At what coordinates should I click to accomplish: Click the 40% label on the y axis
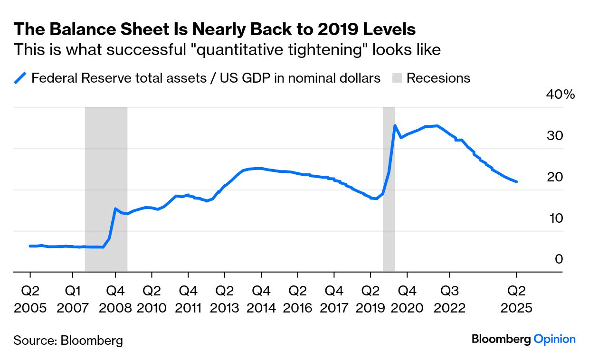pos(561,95)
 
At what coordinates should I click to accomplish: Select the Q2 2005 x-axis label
pos(30,299)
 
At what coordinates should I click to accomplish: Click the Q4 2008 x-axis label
pos(115,299)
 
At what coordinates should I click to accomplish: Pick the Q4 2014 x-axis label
pos(261,299)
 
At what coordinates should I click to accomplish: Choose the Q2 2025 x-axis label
pos(516,299)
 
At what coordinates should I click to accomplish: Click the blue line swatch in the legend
pos(20,78)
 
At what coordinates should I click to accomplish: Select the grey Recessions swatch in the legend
pos(397,78)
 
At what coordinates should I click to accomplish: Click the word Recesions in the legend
pos(438,78)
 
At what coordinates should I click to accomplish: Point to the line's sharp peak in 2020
pos(395,125)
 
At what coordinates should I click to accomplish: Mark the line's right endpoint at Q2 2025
pos(516,181)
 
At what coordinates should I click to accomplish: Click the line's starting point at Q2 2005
pos(30,246)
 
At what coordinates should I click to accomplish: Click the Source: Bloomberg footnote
pos(68,340)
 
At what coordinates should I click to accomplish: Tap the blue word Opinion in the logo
pos(554,339)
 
